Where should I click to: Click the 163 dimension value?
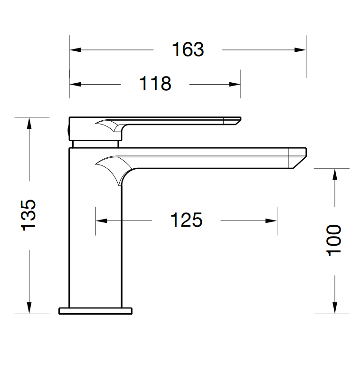pos(188,49)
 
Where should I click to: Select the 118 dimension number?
pos(155,84)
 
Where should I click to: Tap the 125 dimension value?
pos(186,220)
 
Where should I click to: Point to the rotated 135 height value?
pos(29,215)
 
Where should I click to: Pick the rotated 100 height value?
pos(334,240)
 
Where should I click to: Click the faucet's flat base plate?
pos(95,311)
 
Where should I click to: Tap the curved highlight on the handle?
pos(111,126)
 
